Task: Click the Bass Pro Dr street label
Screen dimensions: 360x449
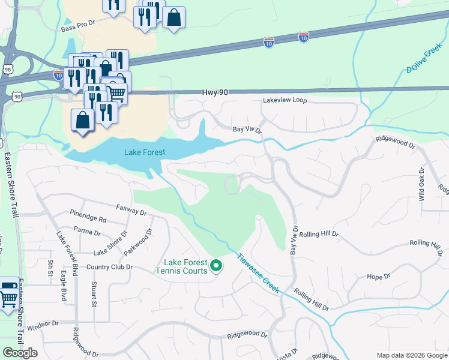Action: point(78,23)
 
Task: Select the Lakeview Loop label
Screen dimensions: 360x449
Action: point(285,101)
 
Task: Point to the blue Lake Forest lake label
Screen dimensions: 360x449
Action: point(145,152)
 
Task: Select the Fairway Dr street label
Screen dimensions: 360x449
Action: point(131,212)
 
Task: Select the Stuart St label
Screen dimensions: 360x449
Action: point(94,295)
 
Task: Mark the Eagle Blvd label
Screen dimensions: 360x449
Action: point(63,288)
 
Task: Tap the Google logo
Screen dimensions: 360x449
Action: point(20,353)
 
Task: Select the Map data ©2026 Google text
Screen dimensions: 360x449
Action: point(411,355)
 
